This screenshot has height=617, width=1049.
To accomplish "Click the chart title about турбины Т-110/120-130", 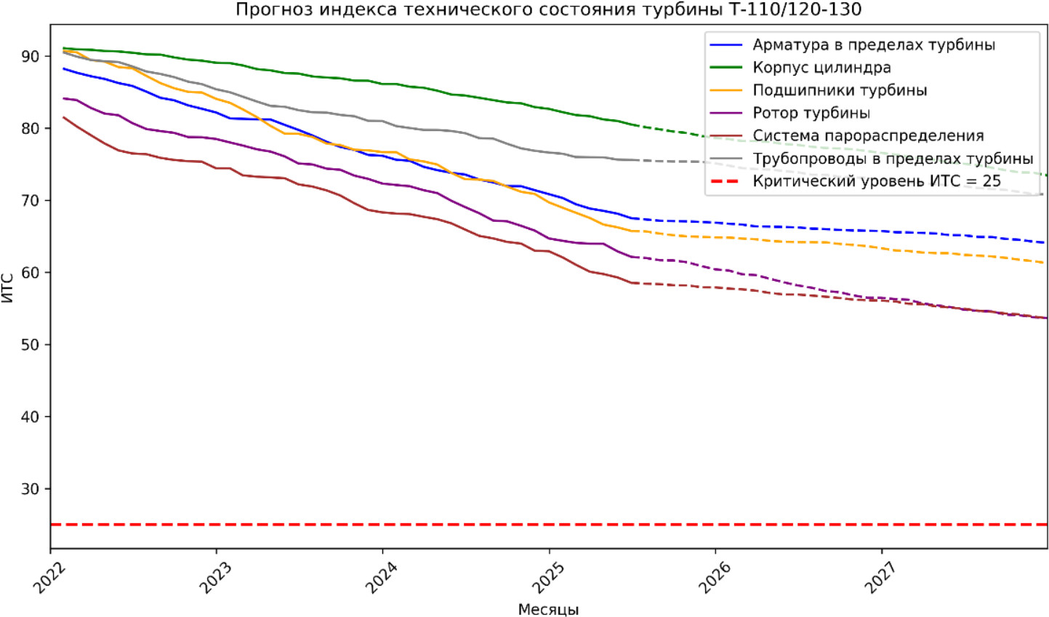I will pyautogui.click(x=548, y=9).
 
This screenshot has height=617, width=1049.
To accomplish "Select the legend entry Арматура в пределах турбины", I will pyautogui.click(x=873, y=45).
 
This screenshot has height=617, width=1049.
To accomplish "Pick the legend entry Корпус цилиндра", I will pyautogui.click(x=821, y=68).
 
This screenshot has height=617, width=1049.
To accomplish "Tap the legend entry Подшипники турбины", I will pyautogui.click(x=840, y=90).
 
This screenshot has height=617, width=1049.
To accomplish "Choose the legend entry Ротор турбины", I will pyautogui.click(x=811, y=113).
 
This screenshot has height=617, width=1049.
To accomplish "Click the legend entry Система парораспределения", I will pyautogui.click(x=868, y=135).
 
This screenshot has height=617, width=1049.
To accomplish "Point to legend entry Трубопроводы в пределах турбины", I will pyautogui.click(x=893, y=158).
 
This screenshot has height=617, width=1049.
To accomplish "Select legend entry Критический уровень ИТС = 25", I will pyautogui.click(x=877, y=181).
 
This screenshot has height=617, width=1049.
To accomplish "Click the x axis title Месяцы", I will pyautogui.click(x=548, y=610).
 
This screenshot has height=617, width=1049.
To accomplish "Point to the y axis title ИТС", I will pyautogui.click(x=8, y=288).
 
